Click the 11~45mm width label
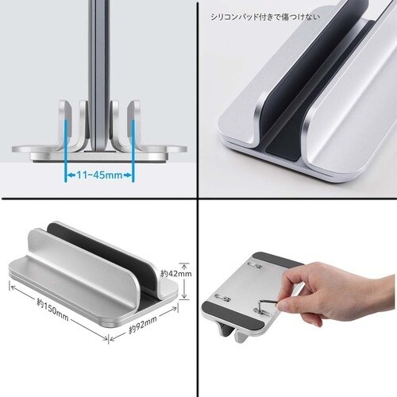[x=100, y=175]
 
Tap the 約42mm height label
[x=176, y=273]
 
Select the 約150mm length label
[x=52, y=310]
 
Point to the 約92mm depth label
[x=143, y=325]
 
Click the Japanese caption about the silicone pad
[x=265, y=17]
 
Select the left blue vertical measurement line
[x=65, y=150]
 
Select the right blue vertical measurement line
[x=133, y=150]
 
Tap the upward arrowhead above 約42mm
[x=185, y=265]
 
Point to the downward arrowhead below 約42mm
[x=185, y=295]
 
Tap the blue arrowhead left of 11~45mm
[x=71, y=175]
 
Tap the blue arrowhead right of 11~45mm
[x=128, y=175]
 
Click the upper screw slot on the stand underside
[x=255, y=265]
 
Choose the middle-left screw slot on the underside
[x=222, y=298]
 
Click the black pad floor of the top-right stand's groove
[x=284, y=152]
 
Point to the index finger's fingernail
[x=282, y=306]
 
